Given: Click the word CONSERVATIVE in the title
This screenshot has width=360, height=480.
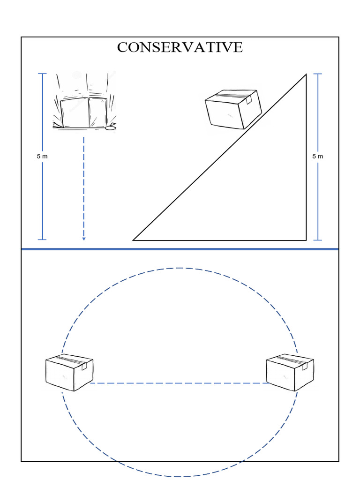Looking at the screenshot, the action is (180, 47).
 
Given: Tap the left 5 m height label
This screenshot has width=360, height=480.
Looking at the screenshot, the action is (42, 157).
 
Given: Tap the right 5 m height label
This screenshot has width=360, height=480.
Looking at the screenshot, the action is (318, 157).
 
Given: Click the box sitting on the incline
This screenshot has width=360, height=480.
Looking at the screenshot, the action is (233, 109).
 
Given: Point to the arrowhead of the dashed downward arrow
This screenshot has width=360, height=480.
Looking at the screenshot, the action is (84, 239).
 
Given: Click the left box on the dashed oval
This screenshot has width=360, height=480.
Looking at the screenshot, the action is (69, 373).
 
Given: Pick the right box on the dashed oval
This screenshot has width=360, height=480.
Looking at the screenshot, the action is (290, 373).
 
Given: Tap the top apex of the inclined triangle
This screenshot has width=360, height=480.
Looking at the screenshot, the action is (306, 75).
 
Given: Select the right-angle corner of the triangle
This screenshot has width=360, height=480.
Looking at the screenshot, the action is (306, 240).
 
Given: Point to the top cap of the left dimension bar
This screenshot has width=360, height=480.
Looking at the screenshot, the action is (42, 74).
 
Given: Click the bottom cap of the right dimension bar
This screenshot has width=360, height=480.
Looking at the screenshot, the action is (318, 240).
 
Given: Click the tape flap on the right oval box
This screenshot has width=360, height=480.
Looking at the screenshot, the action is (305, 367).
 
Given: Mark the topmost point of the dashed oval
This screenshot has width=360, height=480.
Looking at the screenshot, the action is (180, 268).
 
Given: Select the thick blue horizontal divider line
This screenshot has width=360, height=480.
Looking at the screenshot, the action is (180, 249).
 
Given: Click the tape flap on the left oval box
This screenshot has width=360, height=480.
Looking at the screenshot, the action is (84, 367).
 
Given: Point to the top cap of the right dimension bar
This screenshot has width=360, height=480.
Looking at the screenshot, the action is (318, 74).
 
